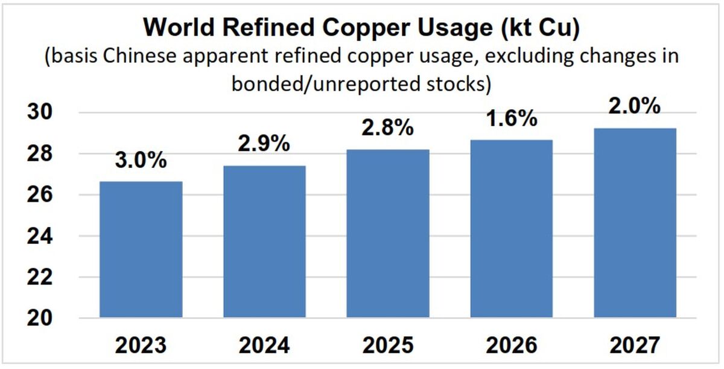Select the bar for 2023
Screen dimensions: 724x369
pyautogui.click(x=141, y=249)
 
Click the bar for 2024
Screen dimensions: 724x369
pyautogui.click(x=264, y=242)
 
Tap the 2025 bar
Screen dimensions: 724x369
pyautogui.click(x=388, y=234)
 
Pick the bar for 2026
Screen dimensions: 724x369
pyautogui.click(x=512, y=229)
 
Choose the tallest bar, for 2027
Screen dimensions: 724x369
pyautogui.click(x=635, y=223)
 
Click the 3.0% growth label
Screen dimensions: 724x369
pyautogui.click(x=141, y=160)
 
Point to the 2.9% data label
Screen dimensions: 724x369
pyautogui.click(x=264, y=144)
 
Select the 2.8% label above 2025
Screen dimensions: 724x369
pyautogui.click(x=388, y=127)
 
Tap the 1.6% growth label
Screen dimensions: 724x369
pyautogui.click(x=512, y=118)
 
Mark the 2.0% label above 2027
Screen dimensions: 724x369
pyautogui.click(x=635, y=106)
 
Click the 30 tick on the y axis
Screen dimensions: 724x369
pyautogui.click(x=40, y=112)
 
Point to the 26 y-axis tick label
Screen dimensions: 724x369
pyautogui.click(x=40, y=194)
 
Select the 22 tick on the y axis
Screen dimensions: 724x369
pyautogui.click(x=40, y=277)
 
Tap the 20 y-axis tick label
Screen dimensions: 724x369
pyautogui.click(x=40, y=318)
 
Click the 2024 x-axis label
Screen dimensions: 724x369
pyautogui.click(x=264, y=345)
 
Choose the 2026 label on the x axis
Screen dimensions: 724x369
pyautogui.click(x=512, y=345)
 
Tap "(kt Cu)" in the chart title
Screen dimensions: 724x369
pyautogui.click(x=541, y=28)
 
